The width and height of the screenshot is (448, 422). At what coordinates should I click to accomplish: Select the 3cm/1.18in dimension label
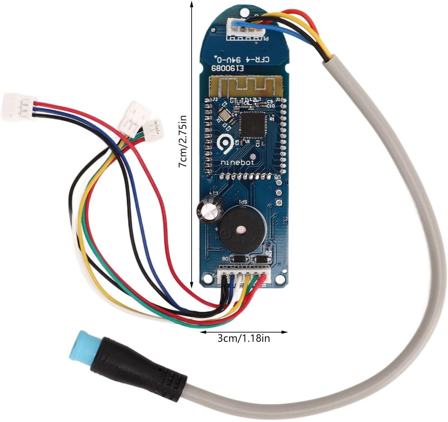coord(244,338)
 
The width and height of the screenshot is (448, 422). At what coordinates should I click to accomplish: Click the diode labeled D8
coord(237,260)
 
